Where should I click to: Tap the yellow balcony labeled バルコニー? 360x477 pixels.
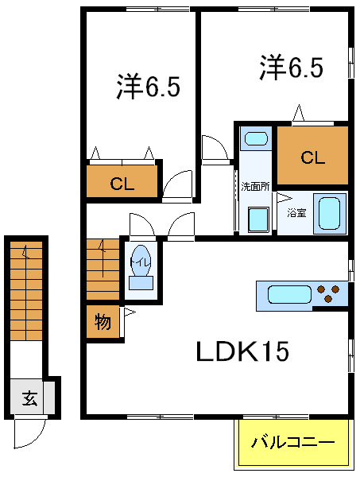pyautogui.click(x=294, y=443)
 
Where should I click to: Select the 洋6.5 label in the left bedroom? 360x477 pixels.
pyautogui.click(x=148, y=87)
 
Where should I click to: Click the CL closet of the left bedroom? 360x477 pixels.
pyautogui.click(x=122, y=184)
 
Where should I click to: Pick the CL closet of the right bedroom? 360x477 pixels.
pyautogui.click(x=312, y=157)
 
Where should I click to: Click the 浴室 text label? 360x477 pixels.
pyautogui.click(x=296, y=214)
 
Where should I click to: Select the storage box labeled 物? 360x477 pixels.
pyautogui.click(x=103, y=323)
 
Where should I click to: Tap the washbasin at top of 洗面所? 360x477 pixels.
pyautogui.click(x=255, y=139)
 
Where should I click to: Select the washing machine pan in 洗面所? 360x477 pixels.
pyautogui.click(x=257, y=219)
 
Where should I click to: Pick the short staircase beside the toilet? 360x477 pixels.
pyautogui.click(x=101, y=269)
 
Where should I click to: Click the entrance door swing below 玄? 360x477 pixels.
pyautogui.click(x=29, y=434)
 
